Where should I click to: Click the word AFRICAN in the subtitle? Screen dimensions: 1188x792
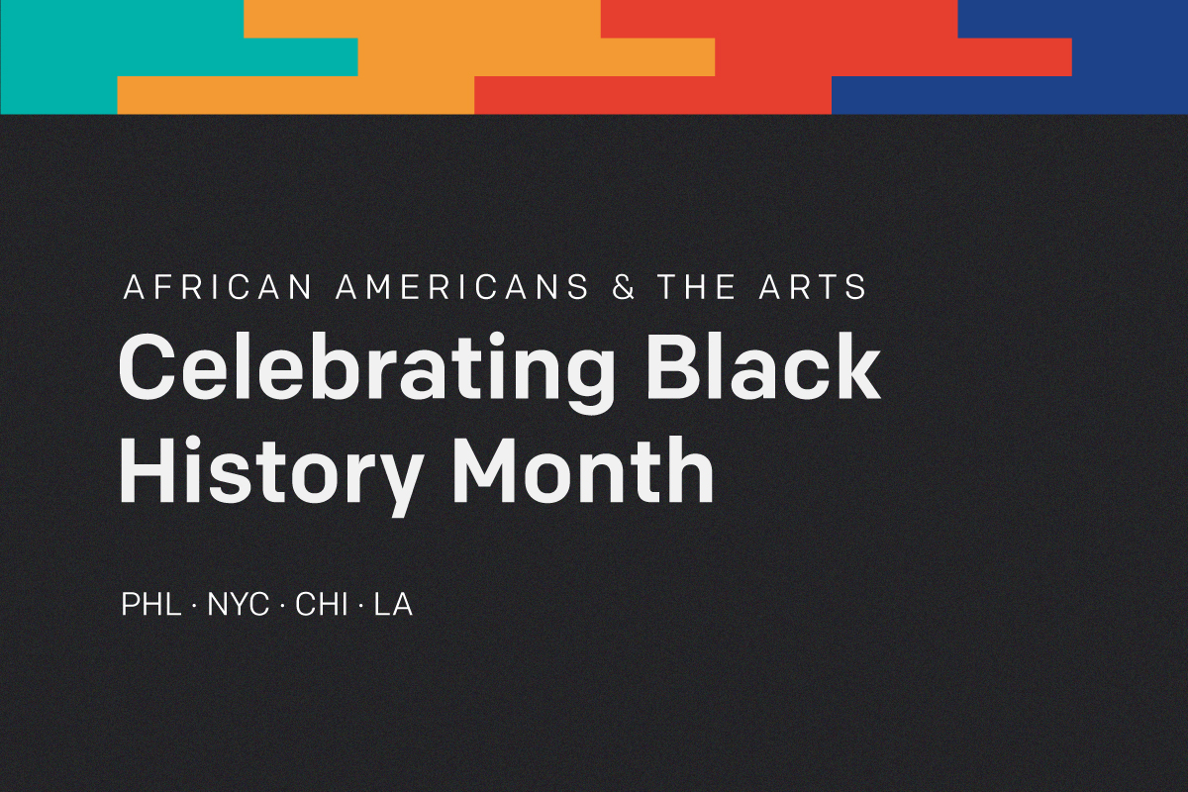pyautogui.click(x=218, y=287)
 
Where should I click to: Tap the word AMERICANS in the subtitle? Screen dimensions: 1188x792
pyautogui.click(x=462, y=287)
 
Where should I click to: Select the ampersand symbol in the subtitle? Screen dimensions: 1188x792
pyautogui.click(x=623, y=287)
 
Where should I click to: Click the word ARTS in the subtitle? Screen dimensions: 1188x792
pyautogui.click(x=813, y=287)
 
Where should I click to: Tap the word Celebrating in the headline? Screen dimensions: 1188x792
pyautogui.click(x=365, y=371)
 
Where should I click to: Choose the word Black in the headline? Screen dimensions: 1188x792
pyautogui.click(x=763, y=366)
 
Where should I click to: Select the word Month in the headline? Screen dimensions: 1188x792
pyautogui.click(x=582, y=468)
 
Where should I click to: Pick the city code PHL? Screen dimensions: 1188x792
pyautogui.click(x=151, y=604)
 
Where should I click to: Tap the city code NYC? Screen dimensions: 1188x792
pyautogui.click(x=238, y=604)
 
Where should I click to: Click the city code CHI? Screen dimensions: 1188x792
pyautogui.click(x=322, y=604)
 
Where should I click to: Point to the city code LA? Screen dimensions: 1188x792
pyautogui.click(x=393, y=604)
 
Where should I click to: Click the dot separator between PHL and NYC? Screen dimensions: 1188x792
pyautogui.click(x=194, y=605)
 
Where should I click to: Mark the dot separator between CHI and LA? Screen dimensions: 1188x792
pyautogui.click(x=361, y=605)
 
